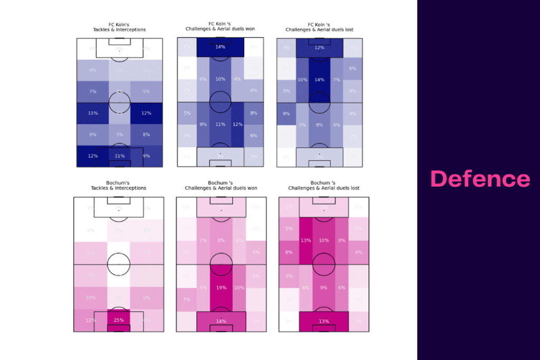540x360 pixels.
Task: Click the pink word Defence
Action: coord(480,179)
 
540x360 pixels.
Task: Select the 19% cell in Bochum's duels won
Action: coord(220,288)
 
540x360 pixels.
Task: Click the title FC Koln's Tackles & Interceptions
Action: coord(119,27)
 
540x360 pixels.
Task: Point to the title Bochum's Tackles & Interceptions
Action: coord(119,186)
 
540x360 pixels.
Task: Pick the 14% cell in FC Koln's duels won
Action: coord(220,47)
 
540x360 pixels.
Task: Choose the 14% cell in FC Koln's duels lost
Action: coord(320,80)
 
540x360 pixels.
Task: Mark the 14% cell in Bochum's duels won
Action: coord(220,321)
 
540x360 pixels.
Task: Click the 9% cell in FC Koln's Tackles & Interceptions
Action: coord(146,155)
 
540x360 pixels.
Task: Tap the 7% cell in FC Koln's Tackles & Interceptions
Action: coord(93,91)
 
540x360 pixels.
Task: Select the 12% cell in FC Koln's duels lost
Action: coord(320,47)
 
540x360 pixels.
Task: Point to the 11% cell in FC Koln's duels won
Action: coord(220,124)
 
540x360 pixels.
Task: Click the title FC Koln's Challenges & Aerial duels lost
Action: coord(320,26)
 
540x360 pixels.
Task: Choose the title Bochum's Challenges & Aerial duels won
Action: coord(220,186)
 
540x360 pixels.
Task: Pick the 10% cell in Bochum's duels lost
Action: coord(323,240)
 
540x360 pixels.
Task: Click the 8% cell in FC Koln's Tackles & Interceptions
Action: coord(146,134)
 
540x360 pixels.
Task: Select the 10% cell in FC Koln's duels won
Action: coord(220,79)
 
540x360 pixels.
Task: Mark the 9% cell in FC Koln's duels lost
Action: coord(286,113)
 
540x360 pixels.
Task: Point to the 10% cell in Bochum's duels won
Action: coord(239,288)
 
